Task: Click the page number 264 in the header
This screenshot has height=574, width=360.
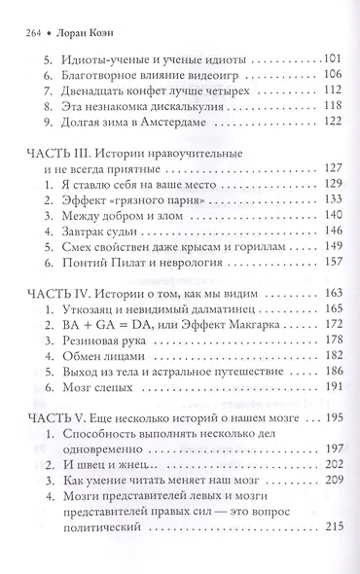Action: [x=28, y=15]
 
